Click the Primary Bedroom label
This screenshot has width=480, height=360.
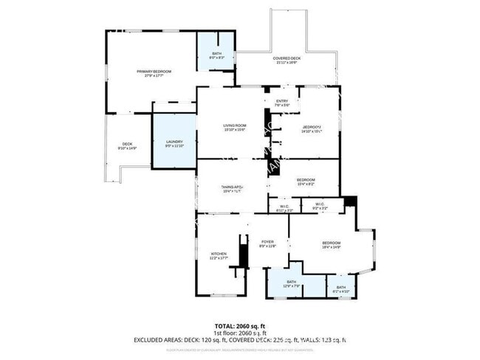(x=154, y=72)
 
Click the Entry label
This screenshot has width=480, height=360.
(x=282, y=103)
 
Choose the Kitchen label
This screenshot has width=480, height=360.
(x=218, y=255)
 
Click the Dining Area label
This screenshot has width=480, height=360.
(x=232, y=189)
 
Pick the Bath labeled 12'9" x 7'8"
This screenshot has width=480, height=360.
(x=291, y=283)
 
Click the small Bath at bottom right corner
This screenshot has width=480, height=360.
(x=341, y=288)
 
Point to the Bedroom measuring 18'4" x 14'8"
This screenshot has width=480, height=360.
(x=331, y=245)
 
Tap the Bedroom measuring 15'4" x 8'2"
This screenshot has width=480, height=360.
(x=306, y=181)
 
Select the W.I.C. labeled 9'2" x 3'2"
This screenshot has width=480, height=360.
(x=320, y=206)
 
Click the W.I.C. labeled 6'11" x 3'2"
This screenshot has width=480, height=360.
(x=284, y=209)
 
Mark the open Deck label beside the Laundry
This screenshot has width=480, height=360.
(x=127, y=145)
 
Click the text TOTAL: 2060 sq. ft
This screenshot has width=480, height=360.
(x=239, y=325)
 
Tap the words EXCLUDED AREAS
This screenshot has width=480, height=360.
(x=160, y=340)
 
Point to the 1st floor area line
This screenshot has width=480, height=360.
(x=239, y=333)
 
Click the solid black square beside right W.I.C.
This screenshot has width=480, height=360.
(x=349, y=201)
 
